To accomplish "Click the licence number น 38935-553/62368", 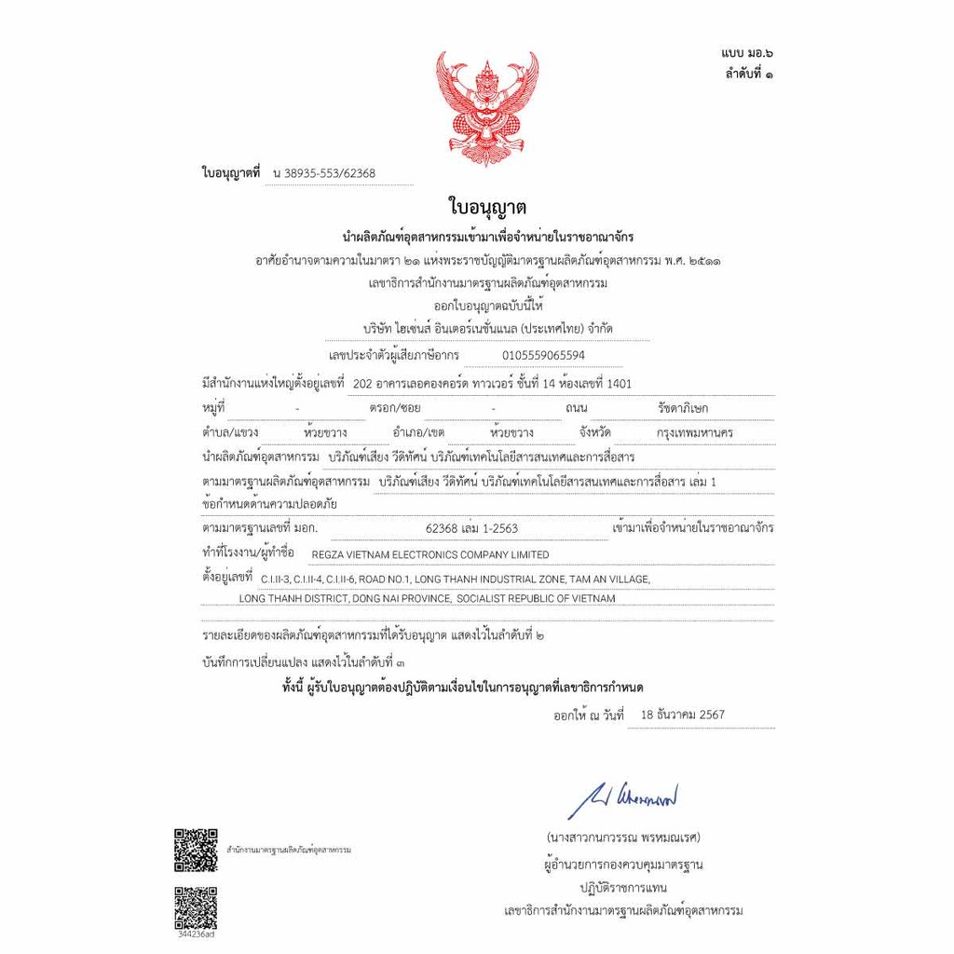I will (324, 173).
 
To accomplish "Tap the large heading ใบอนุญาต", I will (487, 206).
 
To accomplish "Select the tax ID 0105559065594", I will (544, 355).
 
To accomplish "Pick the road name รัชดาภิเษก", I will (683, 408).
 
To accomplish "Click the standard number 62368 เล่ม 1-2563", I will (471, 528).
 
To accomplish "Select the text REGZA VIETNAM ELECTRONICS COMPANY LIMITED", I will (430, 555).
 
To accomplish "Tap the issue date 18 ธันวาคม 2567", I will (683, 715).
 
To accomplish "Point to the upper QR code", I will (196, 849).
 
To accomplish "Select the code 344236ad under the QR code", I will (196, 933).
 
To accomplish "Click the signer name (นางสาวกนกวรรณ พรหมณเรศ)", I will (623, 837).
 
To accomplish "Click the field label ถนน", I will (576, 408).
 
